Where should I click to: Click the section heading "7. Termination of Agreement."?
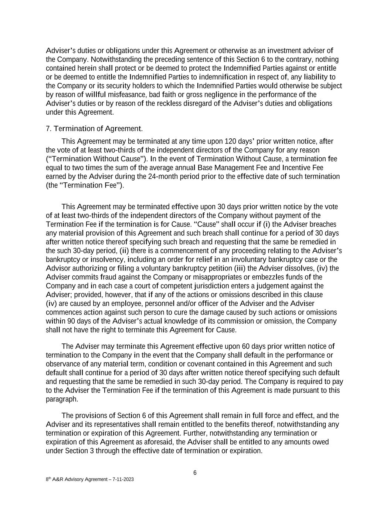94,129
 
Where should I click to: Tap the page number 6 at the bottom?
195,473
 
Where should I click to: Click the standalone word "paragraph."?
62,399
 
